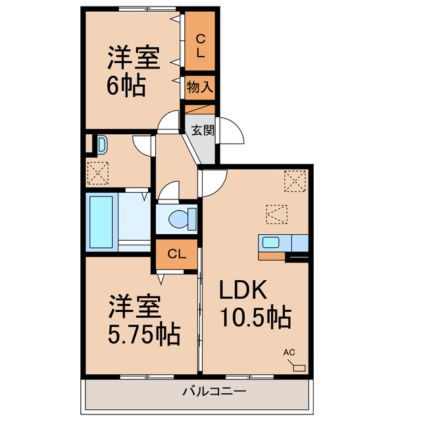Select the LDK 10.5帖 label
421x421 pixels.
click(x=255, y=303)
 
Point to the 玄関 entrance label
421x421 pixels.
click(x=203, y=130)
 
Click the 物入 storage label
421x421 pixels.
click(x=199, y=86)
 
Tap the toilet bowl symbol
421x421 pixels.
click(x=180, y=217)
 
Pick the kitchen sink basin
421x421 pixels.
click(x=270, y=242)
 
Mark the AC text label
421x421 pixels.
click(x=289, y=353)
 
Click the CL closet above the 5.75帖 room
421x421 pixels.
click(x=176, y=254)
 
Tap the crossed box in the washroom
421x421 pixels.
click(x=97, y=172)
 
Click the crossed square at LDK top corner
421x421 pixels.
click(x=295, y=180)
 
